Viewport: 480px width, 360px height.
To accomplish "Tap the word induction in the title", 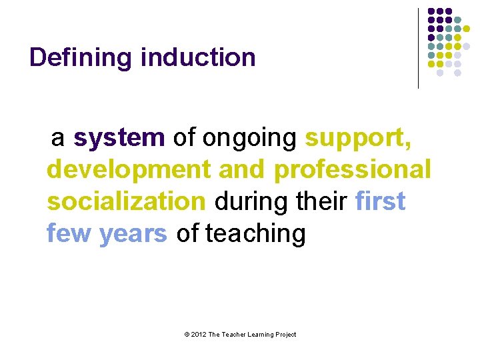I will pos(198,58).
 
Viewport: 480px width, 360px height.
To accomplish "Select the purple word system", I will pos(119,137).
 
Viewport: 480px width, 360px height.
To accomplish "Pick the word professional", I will pos(352,169).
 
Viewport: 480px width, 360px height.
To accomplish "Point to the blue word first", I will pos(381,201).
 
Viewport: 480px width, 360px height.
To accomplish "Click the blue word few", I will pos(69,233).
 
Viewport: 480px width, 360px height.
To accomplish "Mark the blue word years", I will pos(133,233).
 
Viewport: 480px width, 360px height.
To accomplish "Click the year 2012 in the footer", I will pos(198,335).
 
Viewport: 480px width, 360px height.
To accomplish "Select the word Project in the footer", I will pos(284,335).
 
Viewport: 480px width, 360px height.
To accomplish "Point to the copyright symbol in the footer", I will pos(186,335).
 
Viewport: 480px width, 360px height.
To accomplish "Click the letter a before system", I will pos(58,137).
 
